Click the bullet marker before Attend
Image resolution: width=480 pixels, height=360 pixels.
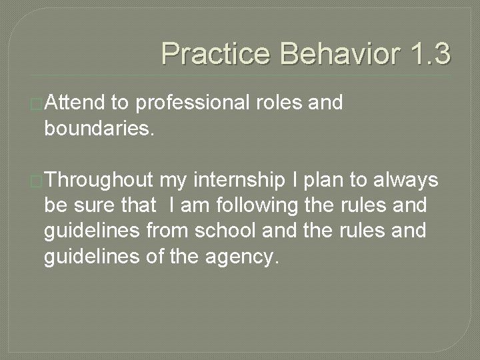point(38,104)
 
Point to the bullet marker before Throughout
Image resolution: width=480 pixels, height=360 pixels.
point(38,180)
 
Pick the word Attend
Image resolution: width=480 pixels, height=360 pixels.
point(75,103)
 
